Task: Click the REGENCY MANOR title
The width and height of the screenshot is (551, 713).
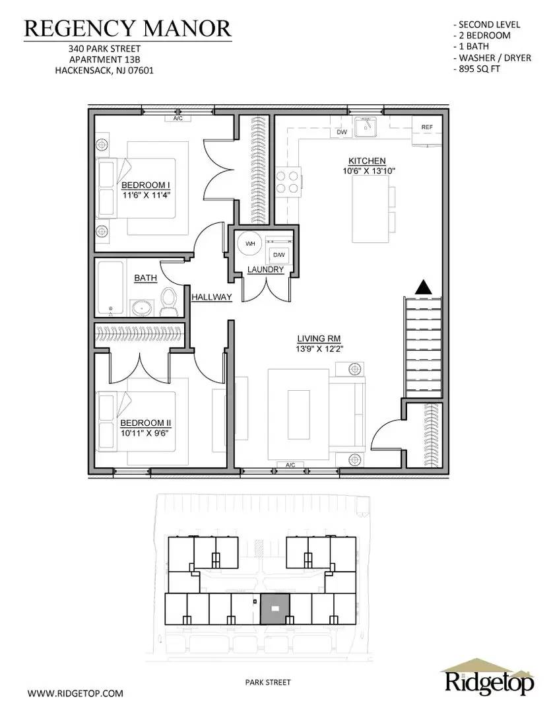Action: [x=128, y=28]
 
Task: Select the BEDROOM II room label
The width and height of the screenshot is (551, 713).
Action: [x=141, y=423]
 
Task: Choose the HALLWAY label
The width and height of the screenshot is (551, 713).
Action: [x=212, y=297]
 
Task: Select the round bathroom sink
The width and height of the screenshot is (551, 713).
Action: [x=142, y=307]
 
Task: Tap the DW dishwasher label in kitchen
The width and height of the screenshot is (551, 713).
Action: [x=342, y=132]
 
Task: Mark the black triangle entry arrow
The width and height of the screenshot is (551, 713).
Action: [x=422, y=287]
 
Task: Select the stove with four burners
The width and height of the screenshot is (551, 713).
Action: [x=288, y=181]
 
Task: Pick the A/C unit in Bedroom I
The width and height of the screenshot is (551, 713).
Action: [x=178, y=119]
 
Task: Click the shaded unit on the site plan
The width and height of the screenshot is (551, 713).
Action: [x=276, y=608]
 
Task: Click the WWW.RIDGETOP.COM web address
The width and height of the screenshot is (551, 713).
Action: [x=75, y=693]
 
